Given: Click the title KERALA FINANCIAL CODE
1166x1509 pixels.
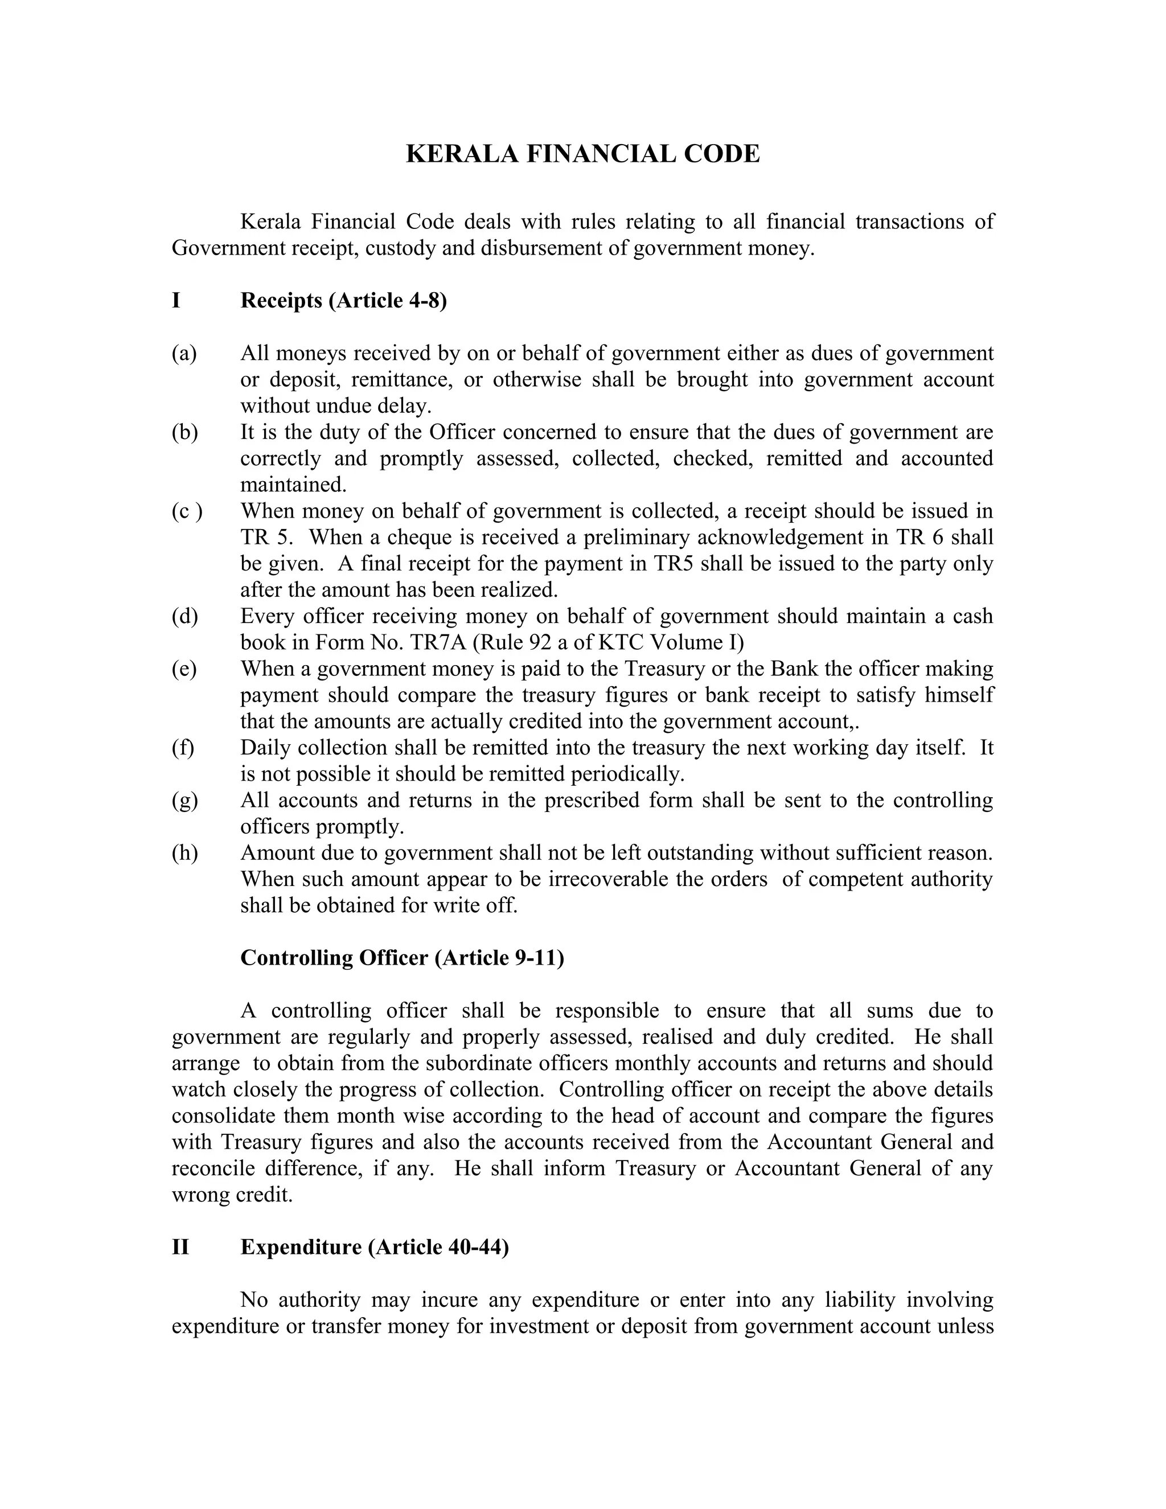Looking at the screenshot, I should [582, 153].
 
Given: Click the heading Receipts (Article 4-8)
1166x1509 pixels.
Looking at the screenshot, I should [343, 301].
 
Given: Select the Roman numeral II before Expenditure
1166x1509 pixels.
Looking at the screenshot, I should [180, 1247].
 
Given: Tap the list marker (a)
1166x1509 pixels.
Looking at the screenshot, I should [184, 353].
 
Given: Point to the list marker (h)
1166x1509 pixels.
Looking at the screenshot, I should [184, 852].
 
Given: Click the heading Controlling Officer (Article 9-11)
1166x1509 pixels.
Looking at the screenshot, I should [402, 958].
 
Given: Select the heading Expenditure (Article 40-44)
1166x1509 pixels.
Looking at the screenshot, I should [375, 1247].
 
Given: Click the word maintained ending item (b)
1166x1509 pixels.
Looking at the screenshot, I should [293, 485].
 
